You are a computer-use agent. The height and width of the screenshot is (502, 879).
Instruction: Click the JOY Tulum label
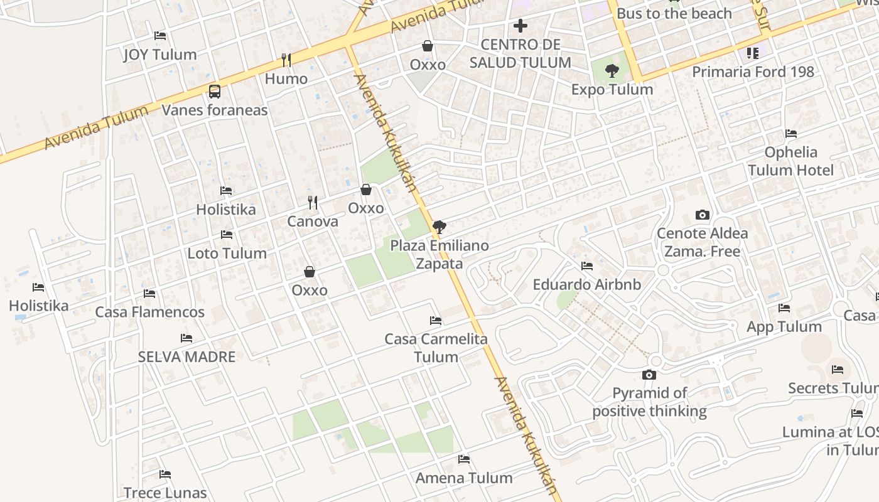(159, 55)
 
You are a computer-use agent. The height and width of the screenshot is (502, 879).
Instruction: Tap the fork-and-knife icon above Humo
(286, 60)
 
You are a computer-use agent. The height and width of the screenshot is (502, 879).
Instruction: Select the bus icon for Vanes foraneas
(215, 92)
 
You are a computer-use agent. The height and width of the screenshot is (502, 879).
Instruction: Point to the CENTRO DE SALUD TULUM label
(520, 53)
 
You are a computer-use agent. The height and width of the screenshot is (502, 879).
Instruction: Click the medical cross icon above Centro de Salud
(520, 26)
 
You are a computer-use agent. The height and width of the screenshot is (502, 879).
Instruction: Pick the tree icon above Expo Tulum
(612, 71)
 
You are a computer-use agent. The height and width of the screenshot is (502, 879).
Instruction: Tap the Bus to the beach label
(674, 13)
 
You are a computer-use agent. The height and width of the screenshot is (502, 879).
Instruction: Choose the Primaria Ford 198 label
(753, 72)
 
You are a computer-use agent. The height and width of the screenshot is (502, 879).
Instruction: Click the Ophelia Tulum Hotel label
(790, 161)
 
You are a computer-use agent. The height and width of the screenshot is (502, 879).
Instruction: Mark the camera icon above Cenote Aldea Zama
(703, 215)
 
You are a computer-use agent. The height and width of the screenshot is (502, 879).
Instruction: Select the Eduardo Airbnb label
(586, 284)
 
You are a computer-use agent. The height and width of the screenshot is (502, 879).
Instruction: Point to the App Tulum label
(784, 326)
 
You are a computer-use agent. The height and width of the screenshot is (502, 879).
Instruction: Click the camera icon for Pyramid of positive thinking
(649, 375)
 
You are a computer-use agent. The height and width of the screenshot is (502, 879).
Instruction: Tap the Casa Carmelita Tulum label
(436, 348)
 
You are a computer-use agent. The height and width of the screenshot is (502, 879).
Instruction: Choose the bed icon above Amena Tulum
(464, 459)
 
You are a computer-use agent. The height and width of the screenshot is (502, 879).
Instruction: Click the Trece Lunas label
(165, 493)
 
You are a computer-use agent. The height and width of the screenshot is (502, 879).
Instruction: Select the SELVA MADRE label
(186, 356)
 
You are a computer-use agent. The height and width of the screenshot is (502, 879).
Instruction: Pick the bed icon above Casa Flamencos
(149, 293)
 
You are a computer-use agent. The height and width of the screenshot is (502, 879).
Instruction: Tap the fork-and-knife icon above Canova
(313, 203)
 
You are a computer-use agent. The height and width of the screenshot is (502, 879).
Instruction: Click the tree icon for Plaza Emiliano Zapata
(439, 227)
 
